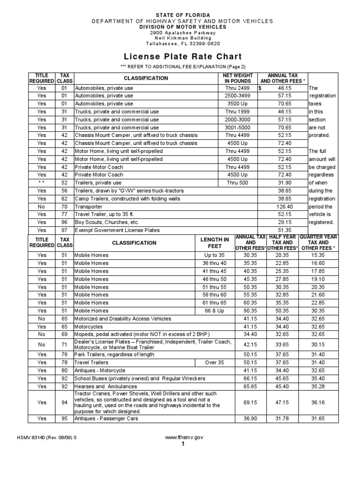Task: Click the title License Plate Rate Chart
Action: point(180,57)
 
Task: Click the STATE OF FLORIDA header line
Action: point(180,15)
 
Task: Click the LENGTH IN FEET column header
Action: point(215,243)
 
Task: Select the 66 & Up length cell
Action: point(215,311)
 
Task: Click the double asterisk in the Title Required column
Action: point(42,183)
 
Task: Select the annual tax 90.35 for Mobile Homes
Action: point(250,311)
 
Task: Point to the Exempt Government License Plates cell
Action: point(118,230)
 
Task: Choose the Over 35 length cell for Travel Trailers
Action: point(215,363)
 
